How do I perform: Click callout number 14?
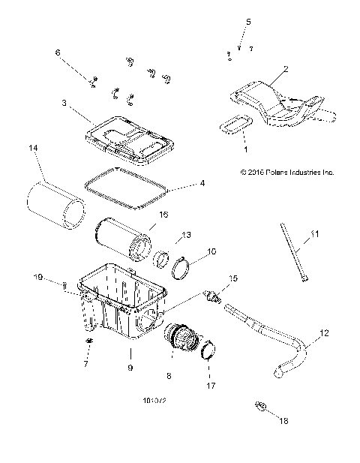click(x=32, y=149)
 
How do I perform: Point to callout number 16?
click(x=163, y=215)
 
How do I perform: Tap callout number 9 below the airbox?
click(x=130, y=368)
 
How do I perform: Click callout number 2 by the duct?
click(x=285, y=68)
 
